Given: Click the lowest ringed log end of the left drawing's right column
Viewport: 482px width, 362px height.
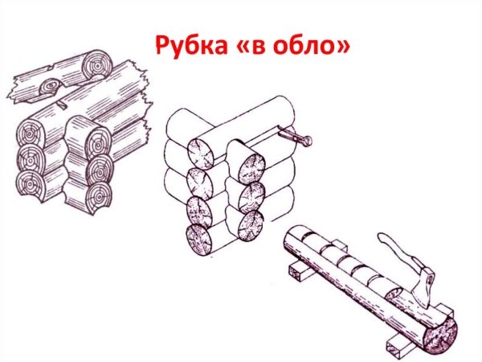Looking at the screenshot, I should click(100, 194).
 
